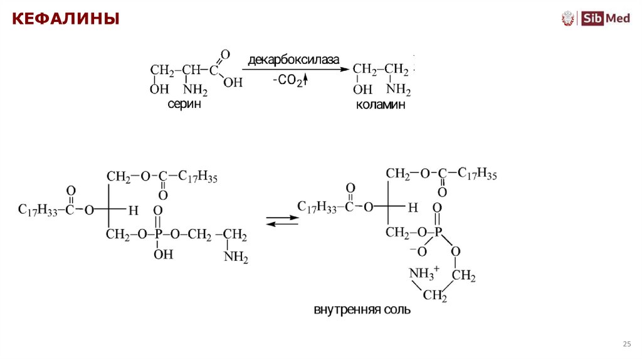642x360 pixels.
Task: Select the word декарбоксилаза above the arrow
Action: click(293, 60)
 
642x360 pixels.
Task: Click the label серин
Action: click(184, 105)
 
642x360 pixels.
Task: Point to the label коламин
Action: click(381, 105)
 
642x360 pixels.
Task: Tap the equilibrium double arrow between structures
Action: click(279, 221)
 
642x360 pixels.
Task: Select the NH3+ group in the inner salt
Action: click(425, 273)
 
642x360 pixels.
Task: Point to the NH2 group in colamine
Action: click(399, 88)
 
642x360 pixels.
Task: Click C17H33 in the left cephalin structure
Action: click(38, 210)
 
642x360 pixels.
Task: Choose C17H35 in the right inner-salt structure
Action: click(477, 174)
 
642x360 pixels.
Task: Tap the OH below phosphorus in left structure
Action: click(163, 254)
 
